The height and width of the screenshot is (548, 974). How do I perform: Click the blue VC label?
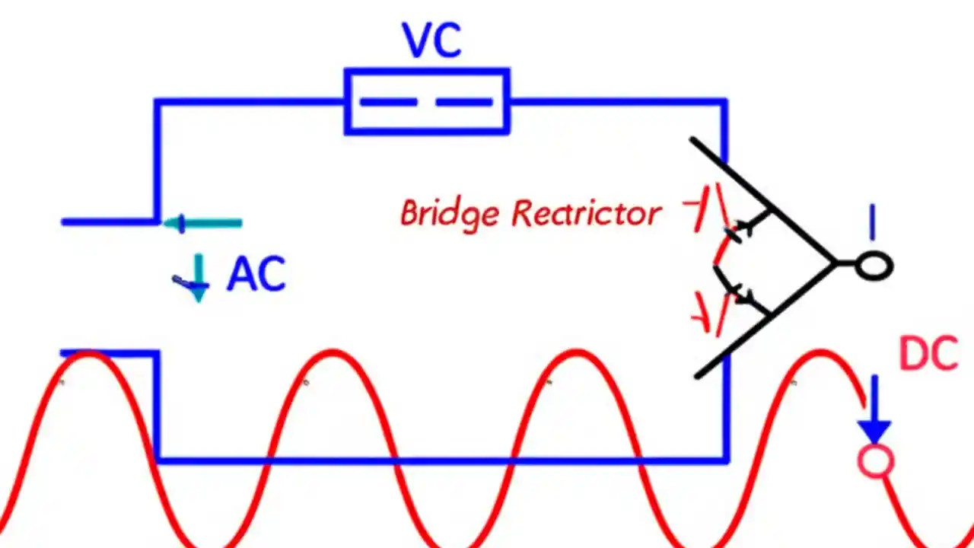431,42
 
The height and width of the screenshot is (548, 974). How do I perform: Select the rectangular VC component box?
427,101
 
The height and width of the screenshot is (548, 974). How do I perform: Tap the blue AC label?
256,275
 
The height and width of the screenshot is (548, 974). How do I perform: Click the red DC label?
928,354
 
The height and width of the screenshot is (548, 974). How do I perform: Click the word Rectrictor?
585,214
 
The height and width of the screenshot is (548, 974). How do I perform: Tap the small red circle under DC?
875,461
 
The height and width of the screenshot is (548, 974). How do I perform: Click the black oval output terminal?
874,266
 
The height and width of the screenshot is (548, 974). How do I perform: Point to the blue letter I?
872,225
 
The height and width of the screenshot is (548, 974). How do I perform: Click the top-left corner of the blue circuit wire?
158,101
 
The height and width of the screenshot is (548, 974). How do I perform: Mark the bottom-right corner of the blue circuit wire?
726,460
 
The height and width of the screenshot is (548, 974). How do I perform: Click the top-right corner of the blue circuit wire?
724,101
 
